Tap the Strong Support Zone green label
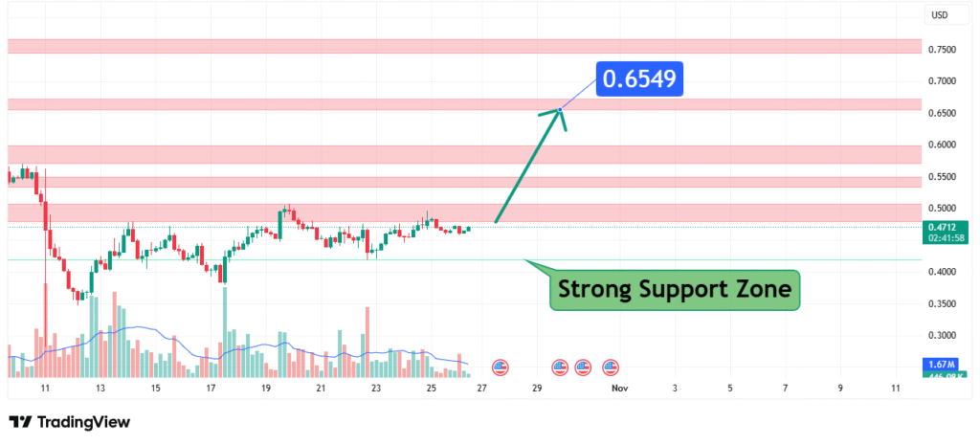tap(675, 288)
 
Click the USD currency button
tap(940, 15)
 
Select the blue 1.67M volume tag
tap(942, 366)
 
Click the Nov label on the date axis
tap(619, 389)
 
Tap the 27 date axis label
tap(481, 389)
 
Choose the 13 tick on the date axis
tap(100, 389)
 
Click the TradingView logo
tap(69, 422)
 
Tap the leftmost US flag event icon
tap(500, 367)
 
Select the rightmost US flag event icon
tap(611, 367)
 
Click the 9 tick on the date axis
tap(840, 389)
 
